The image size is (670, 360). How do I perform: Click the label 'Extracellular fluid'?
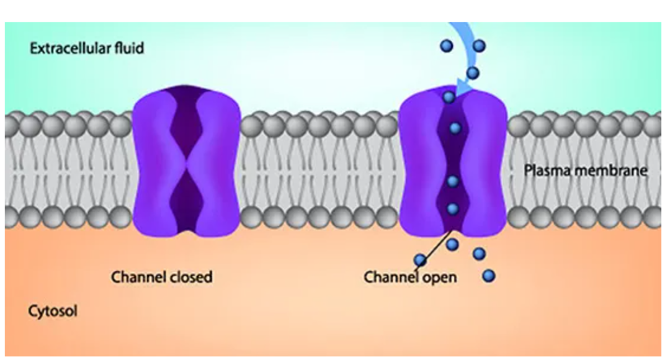[87, 48]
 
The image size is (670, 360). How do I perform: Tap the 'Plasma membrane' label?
[586, 170]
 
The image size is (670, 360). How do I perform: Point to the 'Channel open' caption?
[410, 277]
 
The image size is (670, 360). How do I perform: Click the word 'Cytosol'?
[53, 311]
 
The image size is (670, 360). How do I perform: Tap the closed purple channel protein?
[187, 162]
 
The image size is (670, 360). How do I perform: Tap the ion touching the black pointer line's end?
[421, 259]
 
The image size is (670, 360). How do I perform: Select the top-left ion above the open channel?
[447, 45]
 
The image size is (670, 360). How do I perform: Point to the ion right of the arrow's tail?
[478, 45]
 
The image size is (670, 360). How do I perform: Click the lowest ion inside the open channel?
[453, 209]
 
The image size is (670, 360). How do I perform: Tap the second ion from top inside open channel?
[455, 128]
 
